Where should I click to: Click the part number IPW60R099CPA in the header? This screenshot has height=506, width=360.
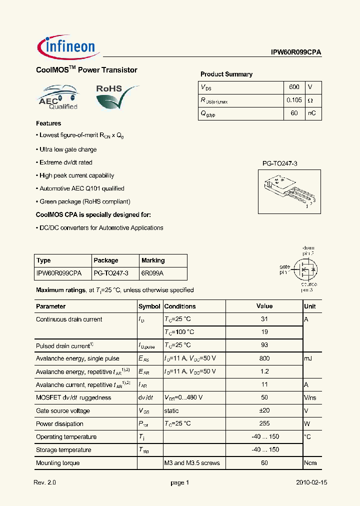[293, 52]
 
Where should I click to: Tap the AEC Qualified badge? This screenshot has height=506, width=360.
[58, 97]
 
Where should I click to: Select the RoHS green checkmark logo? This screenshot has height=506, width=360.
[116, 97]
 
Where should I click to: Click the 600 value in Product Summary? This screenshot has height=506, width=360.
[294, 87]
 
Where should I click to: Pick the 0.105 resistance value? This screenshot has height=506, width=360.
[294, 100]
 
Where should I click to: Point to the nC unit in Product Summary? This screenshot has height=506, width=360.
[311, 113]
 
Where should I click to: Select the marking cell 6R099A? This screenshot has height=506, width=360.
[152, 273]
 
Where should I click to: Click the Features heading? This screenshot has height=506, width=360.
[48, 123]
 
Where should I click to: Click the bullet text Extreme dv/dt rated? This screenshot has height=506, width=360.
[65, 162]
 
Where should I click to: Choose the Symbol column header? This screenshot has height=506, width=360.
[149, 306]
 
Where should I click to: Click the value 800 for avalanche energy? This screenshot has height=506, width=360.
[264, 358]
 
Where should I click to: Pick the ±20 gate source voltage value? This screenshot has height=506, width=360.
[264, 410]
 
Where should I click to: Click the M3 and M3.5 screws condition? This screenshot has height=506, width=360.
[192, 463]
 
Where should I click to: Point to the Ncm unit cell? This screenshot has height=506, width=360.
[310, 463]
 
